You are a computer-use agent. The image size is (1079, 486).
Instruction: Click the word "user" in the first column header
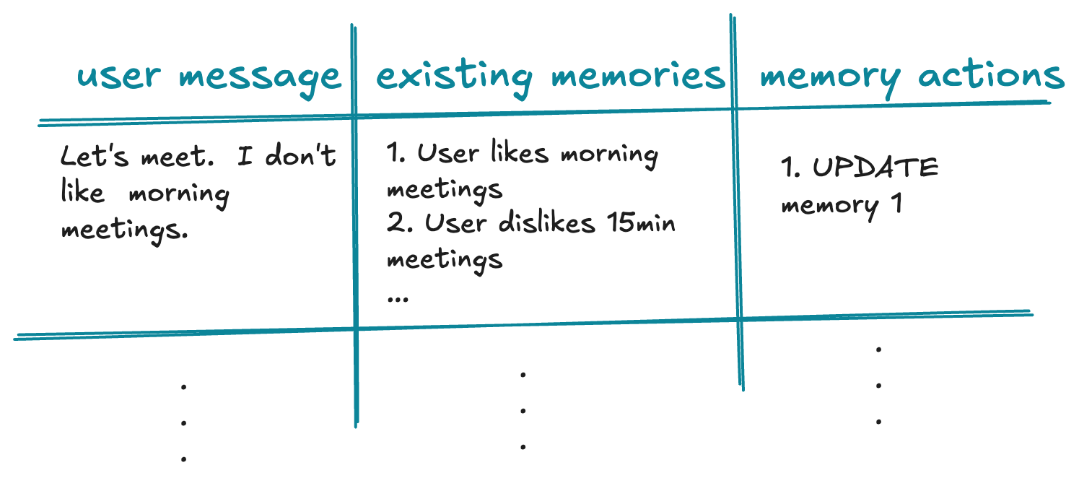pyautogui.click(x=120, y=76)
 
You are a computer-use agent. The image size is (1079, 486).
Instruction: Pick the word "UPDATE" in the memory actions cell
pyautogui.click(x=875, y=168)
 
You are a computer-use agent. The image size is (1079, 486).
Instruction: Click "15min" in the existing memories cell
pyautogui.click(x=639, y=223)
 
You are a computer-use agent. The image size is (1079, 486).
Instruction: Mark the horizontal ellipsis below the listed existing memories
pyautogui.click(x=397, y=298)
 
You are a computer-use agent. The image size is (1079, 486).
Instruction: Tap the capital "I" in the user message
pyautogui.click(x=245, y=157)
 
